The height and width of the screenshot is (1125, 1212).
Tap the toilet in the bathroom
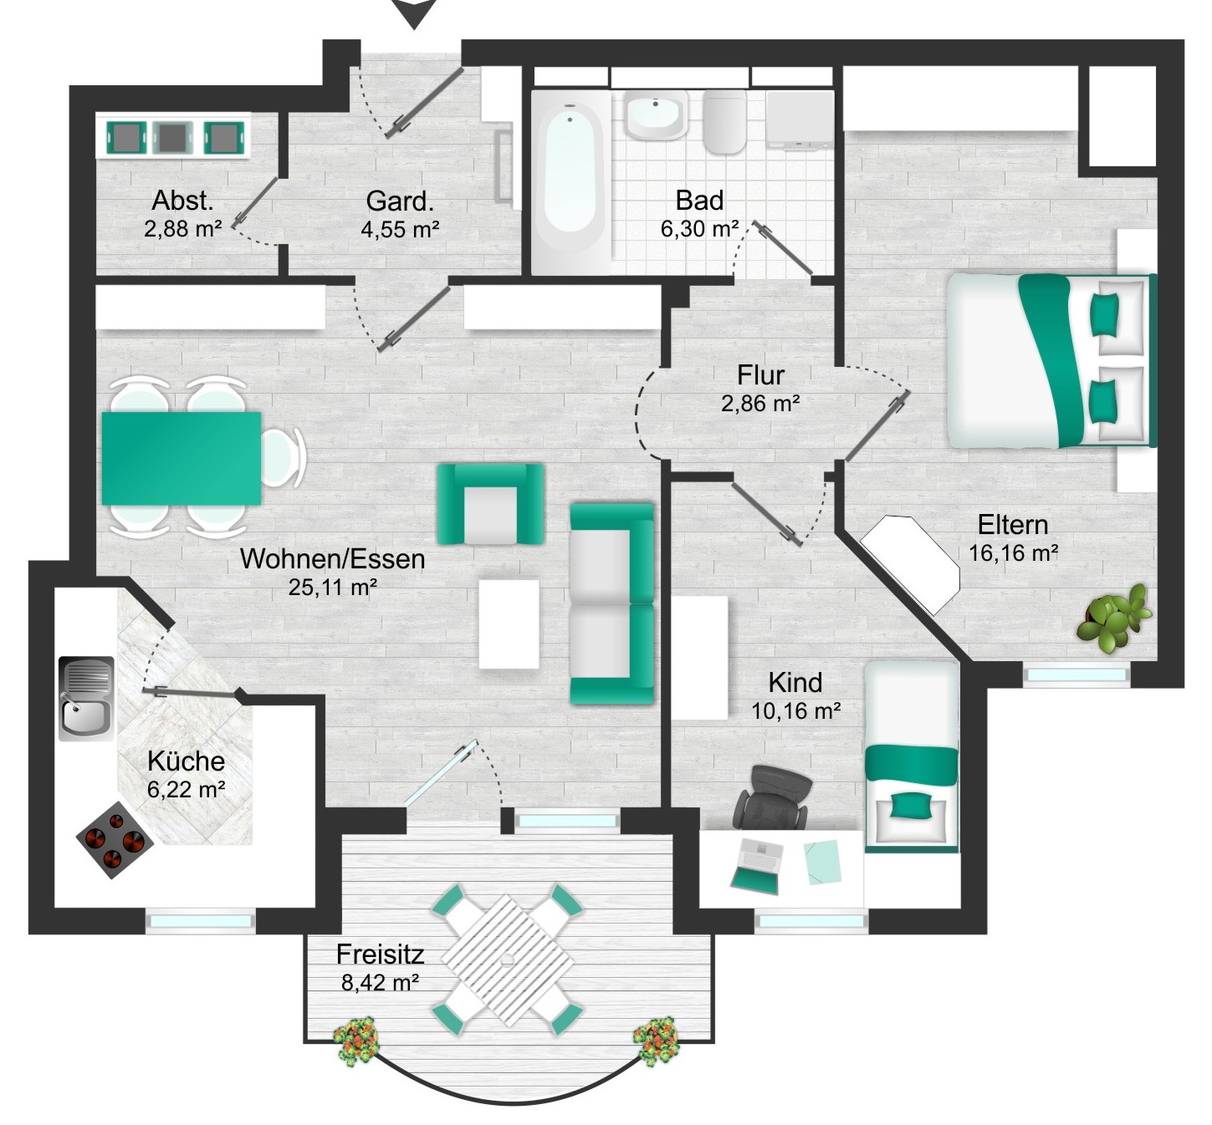tap(724, 122)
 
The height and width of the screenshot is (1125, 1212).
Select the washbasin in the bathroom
tap(656, 115)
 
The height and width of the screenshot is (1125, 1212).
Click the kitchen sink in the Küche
tap(86, 698)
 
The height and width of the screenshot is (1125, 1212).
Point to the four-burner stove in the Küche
tap(115, 839)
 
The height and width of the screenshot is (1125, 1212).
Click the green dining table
tap(182, 458)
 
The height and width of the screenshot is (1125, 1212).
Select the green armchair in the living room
tap(490, 504)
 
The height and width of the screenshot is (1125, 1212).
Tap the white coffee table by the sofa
tap(509, 624)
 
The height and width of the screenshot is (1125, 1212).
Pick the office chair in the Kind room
tap(773, 797)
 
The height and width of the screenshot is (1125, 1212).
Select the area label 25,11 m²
tap(333, 587)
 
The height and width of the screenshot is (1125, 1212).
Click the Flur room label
tap(760, 374)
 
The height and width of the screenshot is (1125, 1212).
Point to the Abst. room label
tap(182, 200)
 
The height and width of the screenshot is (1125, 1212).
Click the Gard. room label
tap(400, 201)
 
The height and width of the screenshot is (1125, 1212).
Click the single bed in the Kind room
tap(911, 756)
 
